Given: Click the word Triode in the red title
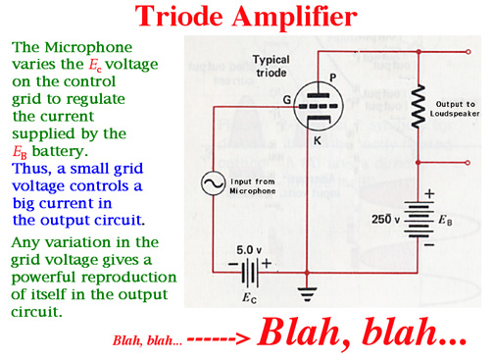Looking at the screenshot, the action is click(178, 16).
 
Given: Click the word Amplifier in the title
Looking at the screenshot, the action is click(295, 17).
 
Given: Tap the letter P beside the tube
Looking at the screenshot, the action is click(332, 77).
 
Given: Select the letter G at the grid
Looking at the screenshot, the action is click(287, 99).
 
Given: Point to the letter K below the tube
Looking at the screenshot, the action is click(318, 140).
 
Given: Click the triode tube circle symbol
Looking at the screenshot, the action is click(319, 107).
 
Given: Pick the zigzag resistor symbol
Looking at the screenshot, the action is click(418, 106).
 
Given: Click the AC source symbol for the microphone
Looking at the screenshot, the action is click(213, 183).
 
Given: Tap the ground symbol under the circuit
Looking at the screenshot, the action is click(307, 294).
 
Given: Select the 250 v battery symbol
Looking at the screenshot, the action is click(420, 220).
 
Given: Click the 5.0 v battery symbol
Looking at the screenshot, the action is click(250, 274).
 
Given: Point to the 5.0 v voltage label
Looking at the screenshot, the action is click(249, 250).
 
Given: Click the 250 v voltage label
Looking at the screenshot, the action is click(385, 219).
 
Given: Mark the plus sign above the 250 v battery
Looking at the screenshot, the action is click(429, 194).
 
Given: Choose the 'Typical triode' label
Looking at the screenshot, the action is click(272, 66).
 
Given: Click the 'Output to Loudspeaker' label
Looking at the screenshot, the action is click(455, 109).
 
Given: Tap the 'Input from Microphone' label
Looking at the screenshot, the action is click(253, 186).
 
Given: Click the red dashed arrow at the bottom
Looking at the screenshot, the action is click(219, 339).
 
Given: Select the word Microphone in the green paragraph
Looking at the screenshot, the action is click(88, 47).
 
